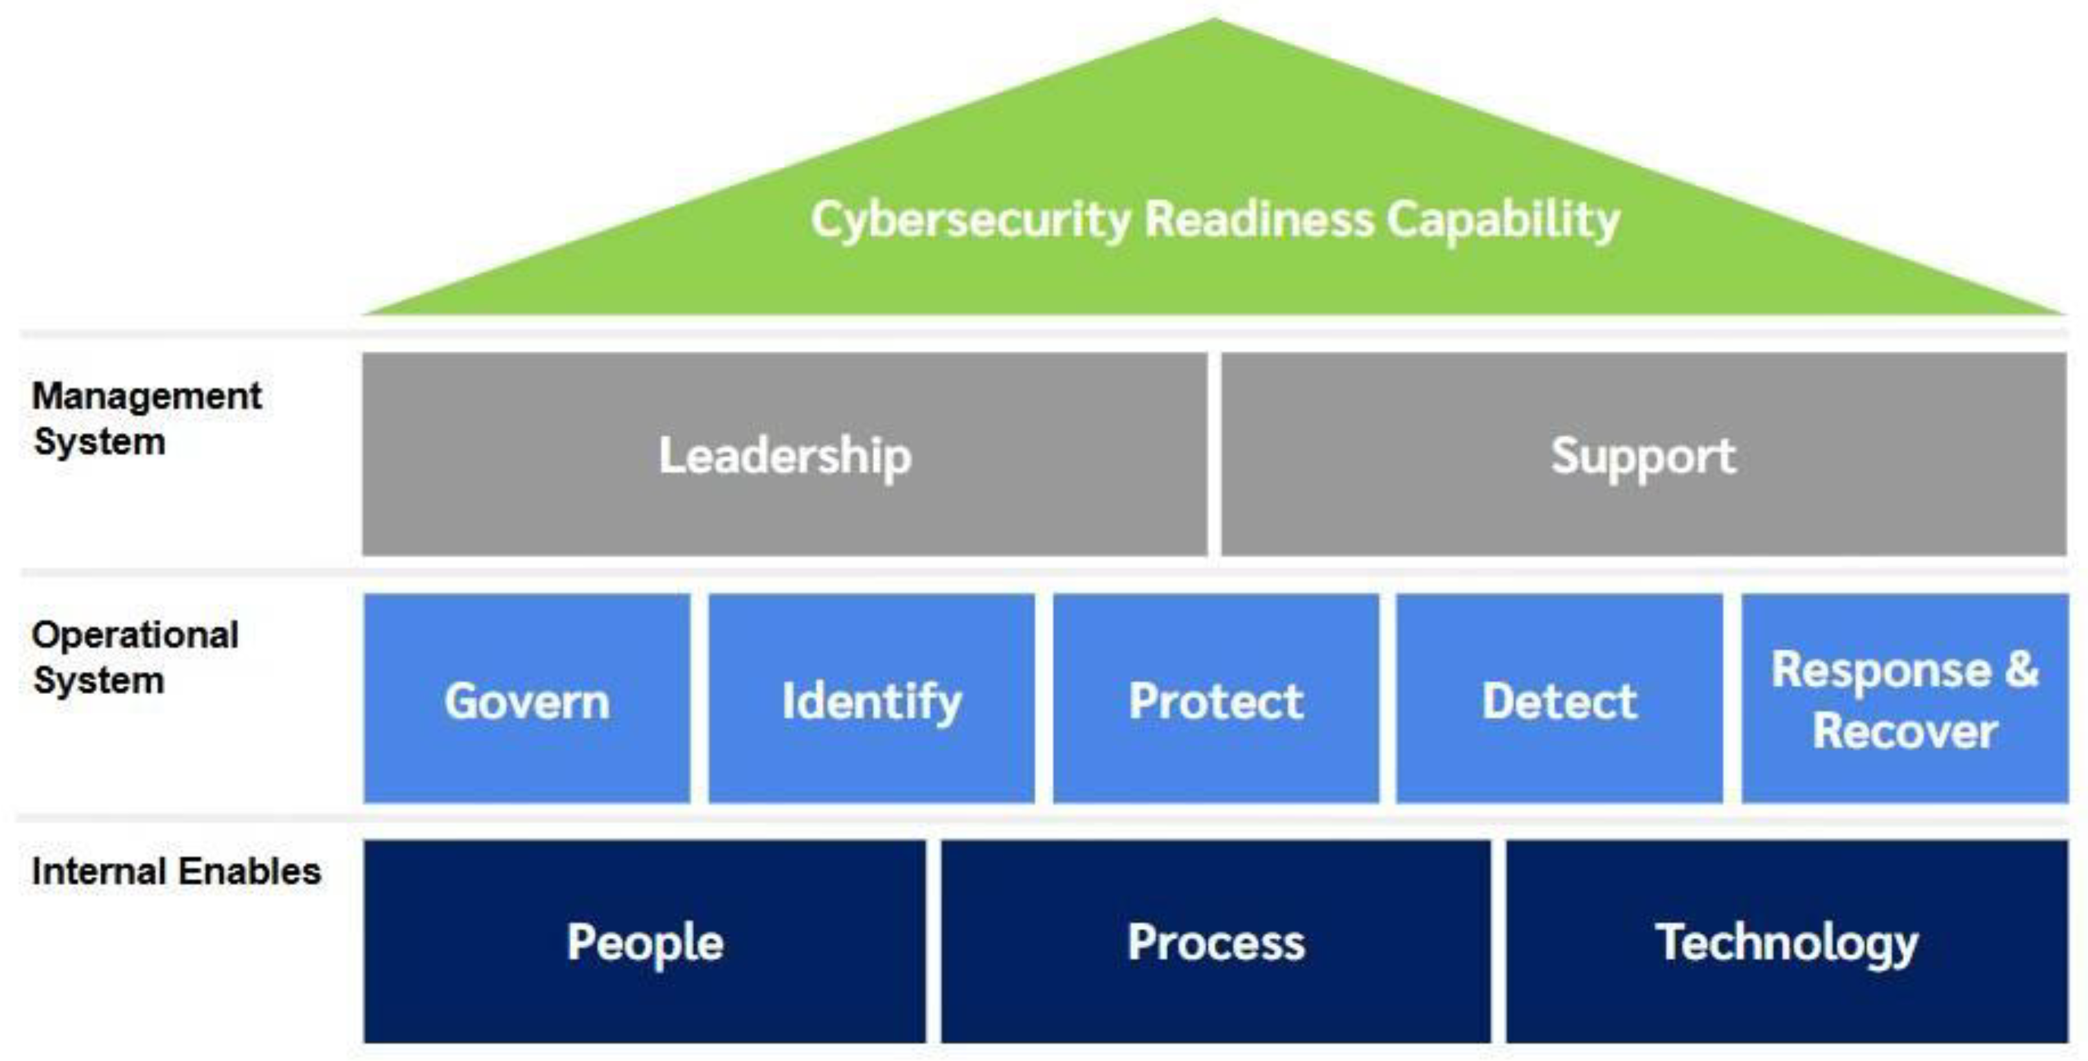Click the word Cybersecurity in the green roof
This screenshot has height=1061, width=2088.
click(x=971, y=221)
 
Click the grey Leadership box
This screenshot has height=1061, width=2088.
click(x=784, y=454)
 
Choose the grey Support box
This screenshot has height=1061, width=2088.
click(x=1643, y=454)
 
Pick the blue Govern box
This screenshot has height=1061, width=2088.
click(x=527, y=698)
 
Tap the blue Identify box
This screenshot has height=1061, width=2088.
click(x=871, y=698)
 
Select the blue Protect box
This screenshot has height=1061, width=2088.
click(x=1216, y=698)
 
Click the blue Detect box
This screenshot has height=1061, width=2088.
click(x=1558, y=698)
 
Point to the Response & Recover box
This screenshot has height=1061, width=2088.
click(x=1905, y=698)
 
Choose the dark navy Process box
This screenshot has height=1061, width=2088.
click(x=1216, y=942)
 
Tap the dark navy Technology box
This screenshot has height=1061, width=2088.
click(x=1786, y=942)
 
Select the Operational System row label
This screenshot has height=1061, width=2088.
click(x=135, y=657)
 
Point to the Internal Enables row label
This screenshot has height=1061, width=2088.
click(x=176, y=872)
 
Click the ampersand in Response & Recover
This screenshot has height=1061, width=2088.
click(x=2021, y=669)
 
